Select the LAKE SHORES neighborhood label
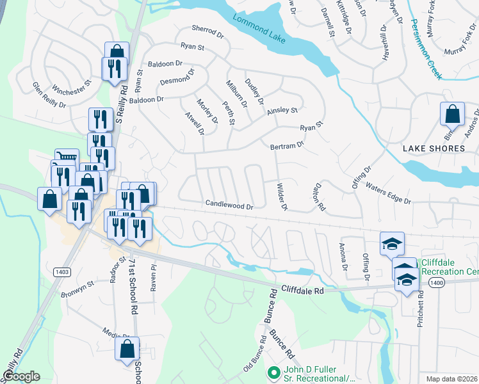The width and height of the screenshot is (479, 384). pos(434,148)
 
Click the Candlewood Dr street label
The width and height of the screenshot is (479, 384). pos(230,206)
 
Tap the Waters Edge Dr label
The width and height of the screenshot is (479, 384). pos(387,193)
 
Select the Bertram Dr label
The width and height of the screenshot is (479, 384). pos(286,146)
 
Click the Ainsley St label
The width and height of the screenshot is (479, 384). pos(282,110)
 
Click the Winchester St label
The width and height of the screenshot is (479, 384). pos(72,91)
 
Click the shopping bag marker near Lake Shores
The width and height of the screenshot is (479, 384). pos(452,114)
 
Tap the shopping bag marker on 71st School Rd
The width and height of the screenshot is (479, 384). pos(127,349)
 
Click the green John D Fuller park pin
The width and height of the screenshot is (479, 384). pos(274,371)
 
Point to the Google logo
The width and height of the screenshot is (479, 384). pos(21,376)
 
